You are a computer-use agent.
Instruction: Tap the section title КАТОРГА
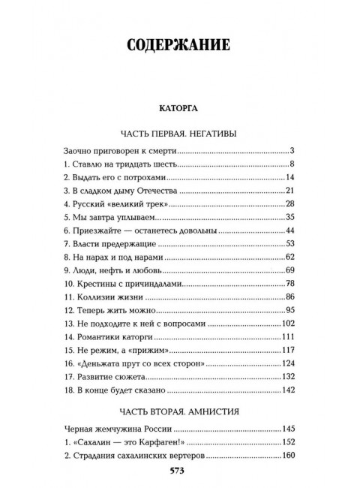click(x=178, y=107)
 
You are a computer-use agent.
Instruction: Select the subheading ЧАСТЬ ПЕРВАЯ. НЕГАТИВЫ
click(x=178, y=134)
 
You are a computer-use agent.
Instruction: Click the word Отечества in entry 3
click(x=153, y=191)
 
